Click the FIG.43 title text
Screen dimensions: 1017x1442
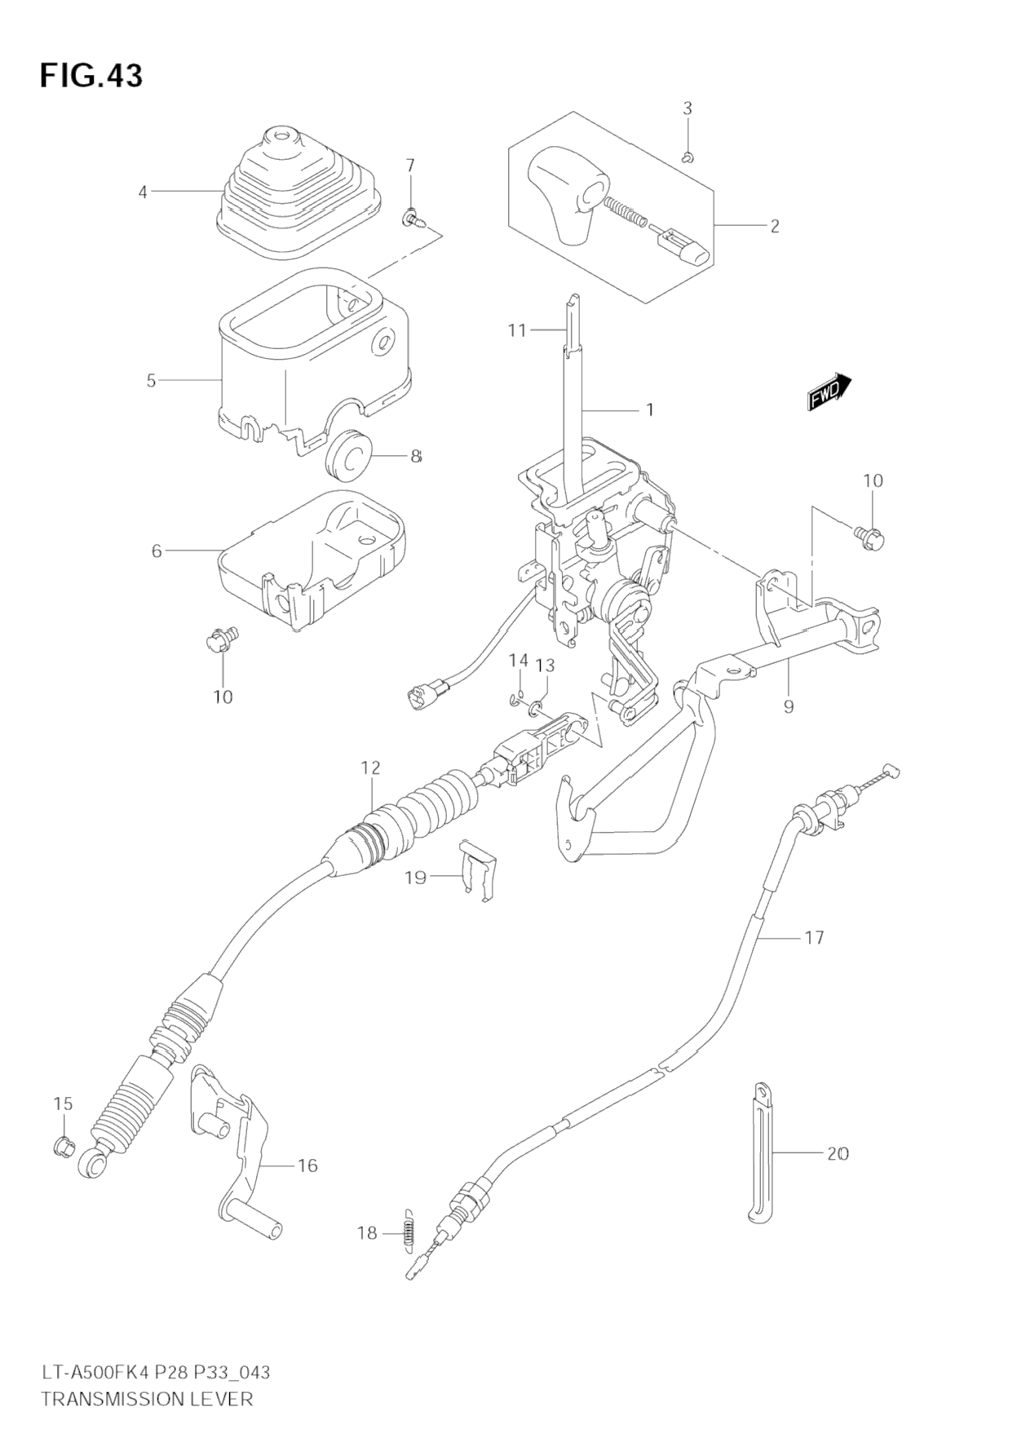pos(91,75)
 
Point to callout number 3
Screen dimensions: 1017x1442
pos(688,108)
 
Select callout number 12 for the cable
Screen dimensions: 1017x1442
pos(371,767)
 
